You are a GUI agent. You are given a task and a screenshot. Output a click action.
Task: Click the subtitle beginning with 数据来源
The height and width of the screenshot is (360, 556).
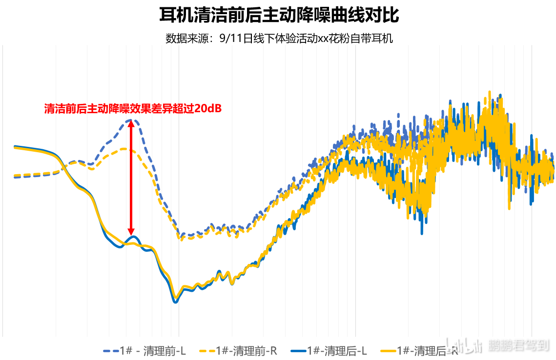279,39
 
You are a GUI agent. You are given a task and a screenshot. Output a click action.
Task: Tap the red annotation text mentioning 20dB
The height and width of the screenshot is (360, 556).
133,109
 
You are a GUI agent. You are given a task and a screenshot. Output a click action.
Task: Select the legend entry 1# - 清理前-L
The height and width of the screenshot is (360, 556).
144,350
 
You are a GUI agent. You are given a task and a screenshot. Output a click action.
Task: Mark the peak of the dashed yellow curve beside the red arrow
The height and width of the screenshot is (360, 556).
128,149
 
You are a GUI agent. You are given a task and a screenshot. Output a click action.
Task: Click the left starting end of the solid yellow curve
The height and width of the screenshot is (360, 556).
15,147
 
